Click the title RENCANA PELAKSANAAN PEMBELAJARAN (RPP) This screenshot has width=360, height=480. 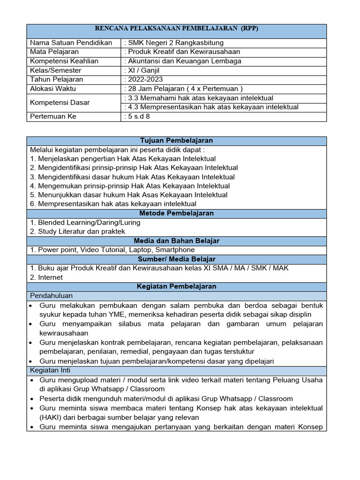pyautogui.click(x=177, y=29)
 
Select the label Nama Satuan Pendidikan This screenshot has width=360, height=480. pyautogui.click(x=71, y=43)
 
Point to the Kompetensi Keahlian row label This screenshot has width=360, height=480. pyautogui.click(x=64, y=61)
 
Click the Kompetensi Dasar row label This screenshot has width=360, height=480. pyautogui.click(x=60, y=102)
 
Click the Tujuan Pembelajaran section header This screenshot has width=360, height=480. pyautogui.click(x=176, y=141)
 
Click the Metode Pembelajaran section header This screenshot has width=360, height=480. pyautogui.click(x=176, y=213)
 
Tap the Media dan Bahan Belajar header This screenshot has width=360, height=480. pyautogui.click(x=176, y=240)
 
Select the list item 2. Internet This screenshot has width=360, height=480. pyautogui.click(x=46, y=277)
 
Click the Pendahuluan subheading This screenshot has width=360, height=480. pyautogui.click(x=52, y=295)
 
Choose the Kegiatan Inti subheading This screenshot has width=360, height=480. pyautogui.click(x=50, y=370)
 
